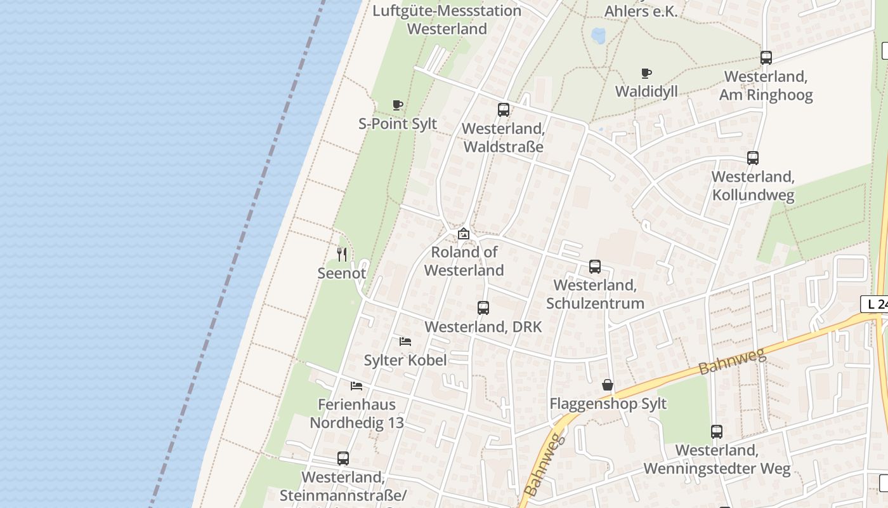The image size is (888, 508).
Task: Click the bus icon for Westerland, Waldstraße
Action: coord(504,110)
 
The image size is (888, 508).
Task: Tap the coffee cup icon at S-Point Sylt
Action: coord(398,105)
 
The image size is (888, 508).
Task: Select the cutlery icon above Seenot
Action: coord(342,255)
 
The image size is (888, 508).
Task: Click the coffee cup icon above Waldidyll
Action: coord(646,73)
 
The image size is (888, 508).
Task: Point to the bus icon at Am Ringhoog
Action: coord(766,58)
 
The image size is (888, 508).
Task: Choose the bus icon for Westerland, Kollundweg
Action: coord(753,158)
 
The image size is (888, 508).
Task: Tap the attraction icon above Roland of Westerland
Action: coord(464,234)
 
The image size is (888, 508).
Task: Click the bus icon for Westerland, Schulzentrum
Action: coord(595,267)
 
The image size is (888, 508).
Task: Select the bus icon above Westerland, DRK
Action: coord(483,308)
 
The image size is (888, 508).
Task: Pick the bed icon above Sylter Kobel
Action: coord(405,342)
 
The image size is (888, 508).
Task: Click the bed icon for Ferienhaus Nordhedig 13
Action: coord(356,385)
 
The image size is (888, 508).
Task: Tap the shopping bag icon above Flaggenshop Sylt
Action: coord(608,385)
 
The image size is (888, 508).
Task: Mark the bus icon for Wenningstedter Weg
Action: coord(717,432)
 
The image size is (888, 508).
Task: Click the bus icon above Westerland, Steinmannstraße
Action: coord(343,458)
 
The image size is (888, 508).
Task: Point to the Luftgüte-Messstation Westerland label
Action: coord(447,20)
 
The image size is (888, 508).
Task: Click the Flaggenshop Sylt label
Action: coord(608,404)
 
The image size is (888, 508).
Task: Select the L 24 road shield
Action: coord(875,304)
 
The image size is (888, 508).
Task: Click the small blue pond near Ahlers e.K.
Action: coord(598,35)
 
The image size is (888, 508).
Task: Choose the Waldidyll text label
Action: coord(646,91)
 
